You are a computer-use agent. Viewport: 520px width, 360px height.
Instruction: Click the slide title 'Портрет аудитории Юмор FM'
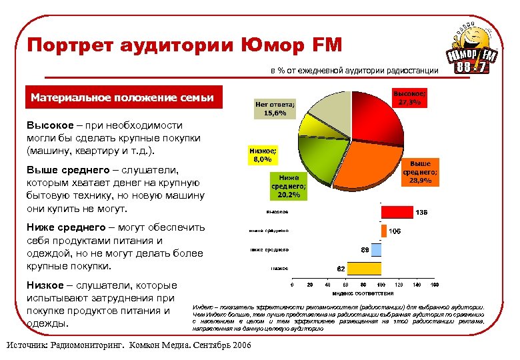pyautogui.click(x=184, y=45)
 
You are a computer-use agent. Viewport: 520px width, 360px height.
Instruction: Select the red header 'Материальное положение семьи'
pyautogui.click(x=122, y=98)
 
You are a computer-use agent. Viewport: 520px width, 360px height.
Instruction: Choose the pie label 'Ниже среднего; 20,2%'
pyautogui.click(x=288, y=186)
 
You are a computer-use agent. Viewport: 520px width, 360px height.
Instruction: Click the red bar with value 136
pyautogui.click(x=397, y=212)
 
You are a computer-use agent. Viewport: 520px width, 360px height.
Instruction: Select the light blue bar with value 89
pyautogui.click(x=376, y=250)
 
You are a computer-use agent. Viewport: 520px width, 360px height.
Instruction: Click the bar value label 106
pyautogui.click(x=394, y=231)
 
